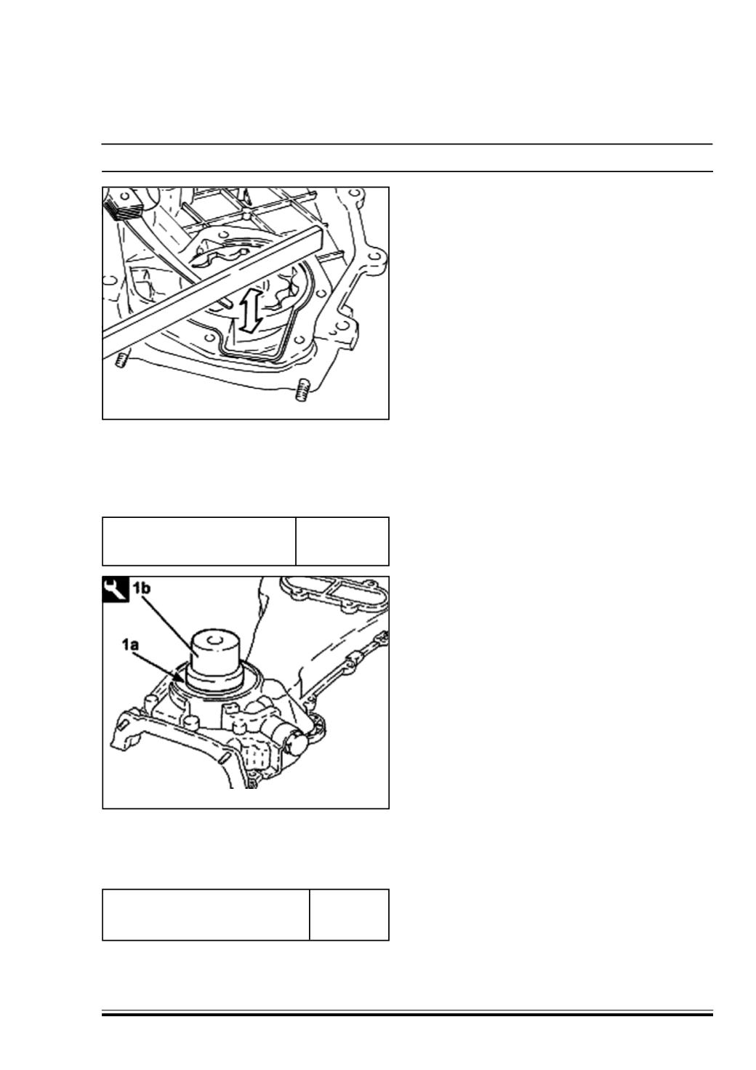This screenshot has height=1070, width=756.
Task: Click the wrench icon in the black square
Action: (116, 589)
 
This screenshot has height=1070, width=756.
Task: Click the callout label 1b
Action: (142, 588)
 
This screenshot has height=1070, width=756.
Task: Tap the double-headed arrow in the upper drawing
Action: (250, 311)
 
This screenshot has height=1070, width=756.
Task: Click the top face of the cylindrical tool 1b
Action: (214, 641)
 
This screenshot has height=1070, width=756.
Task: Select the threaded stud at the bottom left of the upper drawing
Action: (120, 360)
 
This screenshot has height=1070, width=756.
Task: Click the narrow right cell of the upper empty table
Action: (342, 541)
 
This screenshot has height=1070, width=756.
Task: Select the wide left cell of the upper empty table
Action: (199, 541)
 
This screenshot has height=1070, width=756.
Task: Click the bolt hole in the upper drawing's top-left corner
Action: (125, 196)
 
